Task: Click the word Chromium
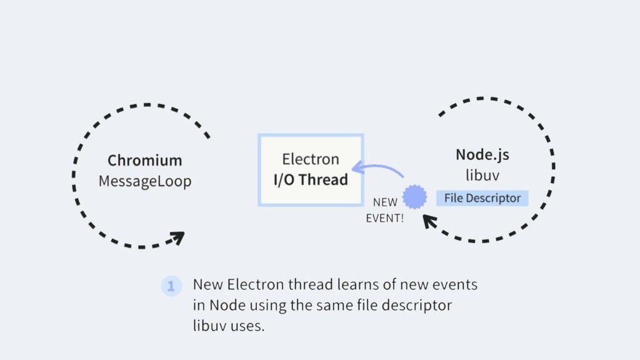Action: click(x=144, y=160)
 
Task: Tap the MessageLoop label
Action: click(x=144, y=182)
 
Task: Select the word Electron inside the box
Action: click(x=311, y=159)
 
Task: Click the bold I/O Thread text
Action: click(x=311, y=180)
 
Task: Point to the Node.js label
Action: click(x=481, y=154)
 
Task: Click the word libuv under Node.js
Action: click(x=482, y=174)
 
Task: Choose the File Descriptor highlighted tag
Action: click(x=482, y=198)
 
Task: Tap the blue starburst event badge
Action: click(x=414, y=197)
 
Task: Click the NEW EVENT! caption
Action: click(x=385, y=211)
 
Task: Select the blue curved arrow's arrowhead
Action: click(x=357, y=167)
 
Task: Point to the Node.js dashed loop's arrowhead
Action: click(x=429, y=220)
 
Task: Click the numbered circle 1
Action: click(x=171, y=286)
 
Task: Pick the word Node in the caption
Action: click(x=227, y=306)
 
